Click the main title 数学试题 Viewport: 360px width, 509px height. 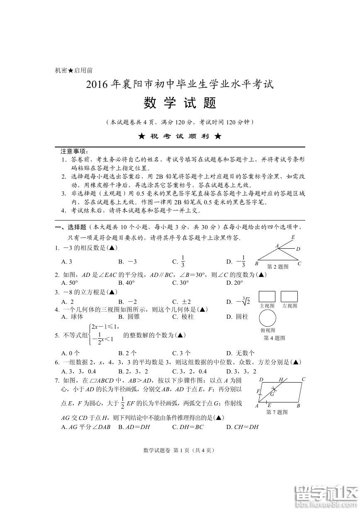(180, 103)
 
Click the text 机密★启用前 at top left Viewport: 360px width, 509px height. (74, 70)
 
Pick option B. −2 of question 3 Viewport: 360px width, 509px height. (127, 302)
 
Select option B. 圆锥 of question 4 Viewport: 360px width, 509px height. (127, 317)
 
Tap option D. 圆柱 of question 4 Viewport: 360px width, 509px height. (237, 317)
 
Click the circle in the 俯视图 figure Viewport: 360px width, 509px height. (268, 318)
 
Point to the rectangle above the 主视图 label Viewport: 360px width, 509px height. (267, 296)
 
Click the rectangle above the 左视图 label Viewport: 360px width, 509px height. (289, 296)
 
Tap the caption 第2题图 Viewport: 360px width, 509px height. (277, 267)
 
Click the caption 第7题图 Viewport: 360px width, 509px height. (277, 412)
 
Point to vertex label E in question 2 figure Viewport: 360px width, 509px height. (293, 237)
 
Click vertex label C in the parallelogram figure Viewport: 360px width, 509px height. (304, 379)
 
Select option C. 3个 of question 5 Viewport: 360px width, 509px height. (182, 353)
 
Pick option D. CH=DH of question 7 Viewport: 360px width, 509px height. (243, 427)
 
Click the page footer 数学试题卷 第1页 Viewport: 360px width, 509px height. (179, 450)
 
